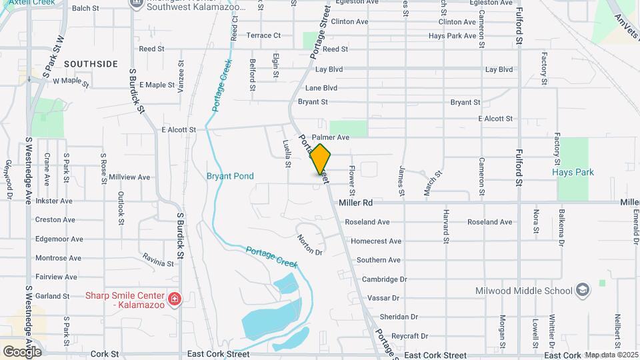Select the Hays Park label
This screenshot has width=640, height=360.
(x=573, y=172)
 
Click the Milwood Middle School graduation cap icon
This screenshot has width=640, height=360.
(x=583, y=290)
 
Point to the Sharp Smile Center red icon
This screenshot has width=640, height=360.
(x=175, y=299)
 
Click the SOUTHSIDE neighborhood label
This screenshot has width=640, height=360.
(x=91, y=64)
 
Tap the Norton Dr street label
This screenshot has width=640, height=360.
(x=310, y=246)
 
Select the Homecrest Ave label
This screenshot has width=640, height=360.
(x=376, y=241)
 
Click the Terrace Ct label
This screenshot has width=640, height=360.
(x=263, y=35)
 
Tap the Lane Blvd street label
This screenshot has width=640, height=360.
(x=321, y=88)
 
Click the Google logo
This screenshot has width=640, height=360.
(x=21, y=351)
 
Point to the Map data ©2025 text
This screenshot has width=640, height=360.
(x=611, y=355)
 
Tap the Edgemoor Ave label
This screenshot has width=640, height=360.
(x=59, y=239)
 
